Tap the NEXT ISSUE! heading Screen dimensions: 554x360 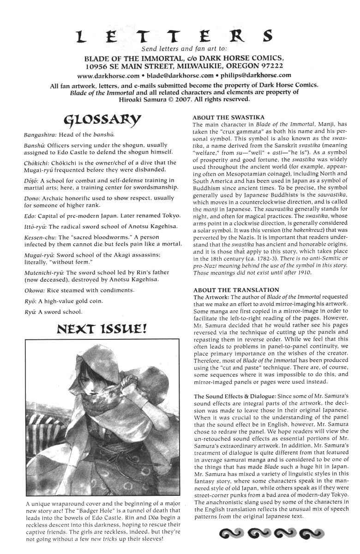click(x=102, y=329)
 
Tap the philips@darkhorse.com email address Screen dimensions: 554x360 click(x=257, y=75)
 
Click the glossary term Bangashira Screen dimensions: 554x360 click(x=40, y=135)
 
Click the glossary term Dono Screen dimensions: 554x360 click(x=31, y=198)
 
